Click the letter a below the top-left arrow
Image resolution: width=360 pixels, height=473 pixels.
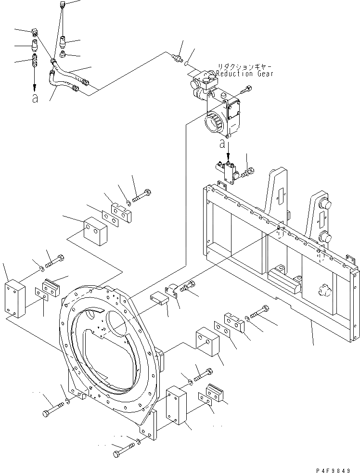tap(34, 99)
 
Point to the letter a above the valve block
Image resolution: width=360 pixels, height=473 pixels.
tap(222, 143)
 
